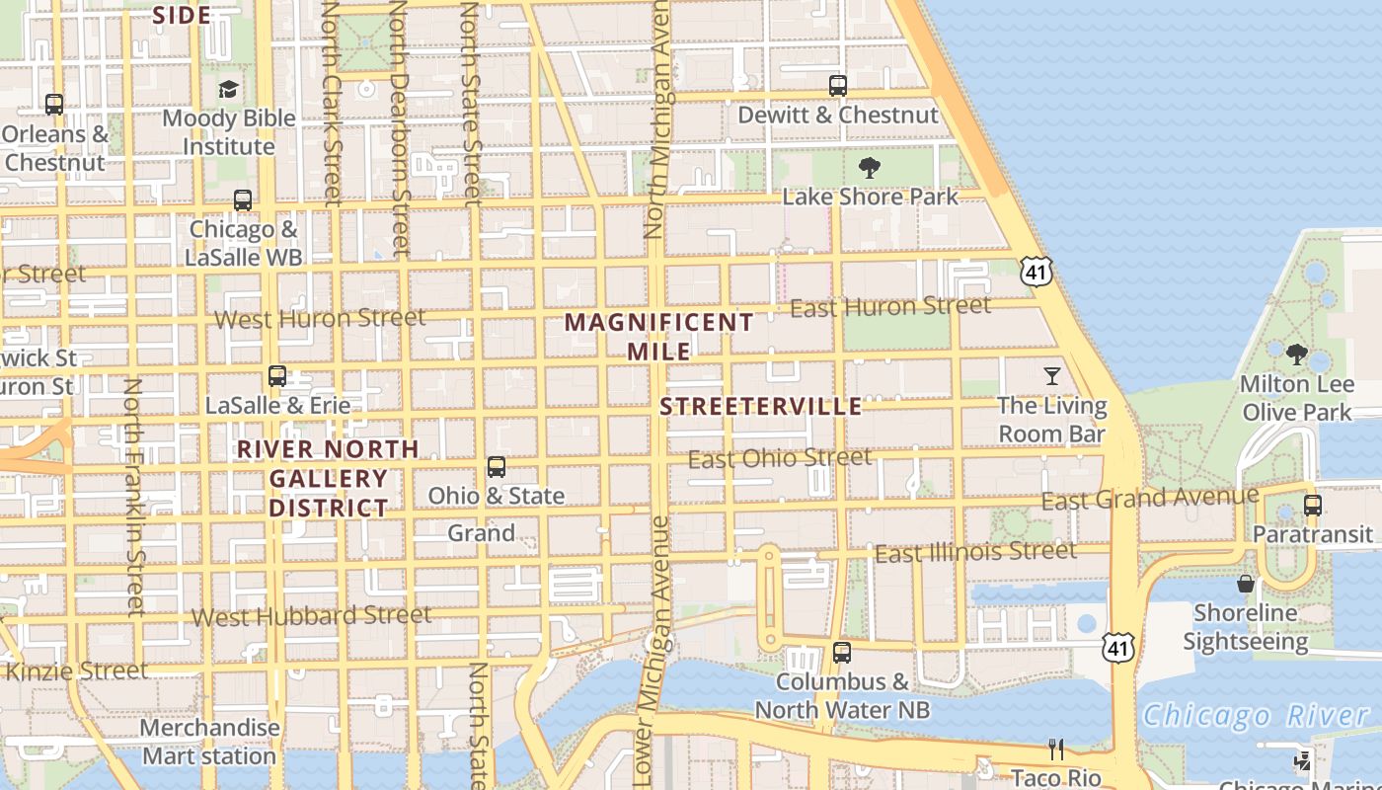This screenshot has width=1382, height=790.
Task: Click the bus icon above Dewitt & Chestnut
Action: tap(838, 86)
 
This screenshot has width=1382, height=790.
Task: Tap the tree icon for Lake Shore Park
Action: tap(870, 168)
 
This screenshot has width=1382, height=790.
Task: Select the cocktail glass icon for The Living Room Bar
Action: tap(1052, 375)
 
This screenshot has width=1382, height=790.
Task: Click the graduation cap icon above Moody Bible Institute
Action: tap(229, 90)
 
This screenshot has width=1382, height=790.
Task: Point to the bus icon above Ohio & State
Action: tap(497, 467)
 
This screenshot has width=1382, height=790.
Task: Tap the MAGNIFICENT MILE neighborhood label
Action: tap(659, 336)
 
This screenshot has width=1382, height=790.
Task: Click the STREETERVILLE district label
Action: tap(761, 407)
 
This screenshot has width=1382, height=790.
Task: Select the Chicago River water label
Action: tap(1256, 716)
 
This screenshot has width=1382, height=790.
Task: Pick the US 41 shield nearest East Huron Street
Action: tap(1036, 272)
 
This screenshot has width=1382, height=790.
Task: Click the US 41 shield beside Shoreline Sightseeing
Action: tap(1118, 648)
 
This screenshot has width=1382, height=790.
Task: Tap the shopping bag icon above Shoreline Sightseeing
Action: tap(1246, 584)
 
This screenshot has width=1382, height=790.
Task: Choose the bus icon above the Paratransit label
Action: tap(1313, 506)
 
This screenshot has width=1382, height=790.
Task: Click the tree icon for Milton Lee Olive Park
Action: tap(1297, 354)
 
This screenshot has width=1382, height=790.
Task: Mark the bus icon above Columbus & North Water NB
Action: tap(842, 653)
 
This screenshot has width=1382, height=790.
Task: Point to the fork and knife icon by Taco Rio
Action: tap(1056, 750)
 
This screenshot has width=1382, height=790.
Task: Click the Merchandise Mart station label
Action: tap(209, 742)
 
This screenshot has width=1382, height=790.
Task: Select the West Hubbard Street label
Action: tap(311, 616)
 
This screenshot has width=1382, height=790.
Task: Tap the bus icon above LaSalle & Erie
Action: tap(277, 376)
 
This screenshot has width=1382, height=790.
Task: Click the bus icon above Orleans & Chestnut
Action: tap(54, 104)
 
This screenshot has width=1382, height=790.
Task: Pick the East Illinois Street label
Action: tap(975, 552)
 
